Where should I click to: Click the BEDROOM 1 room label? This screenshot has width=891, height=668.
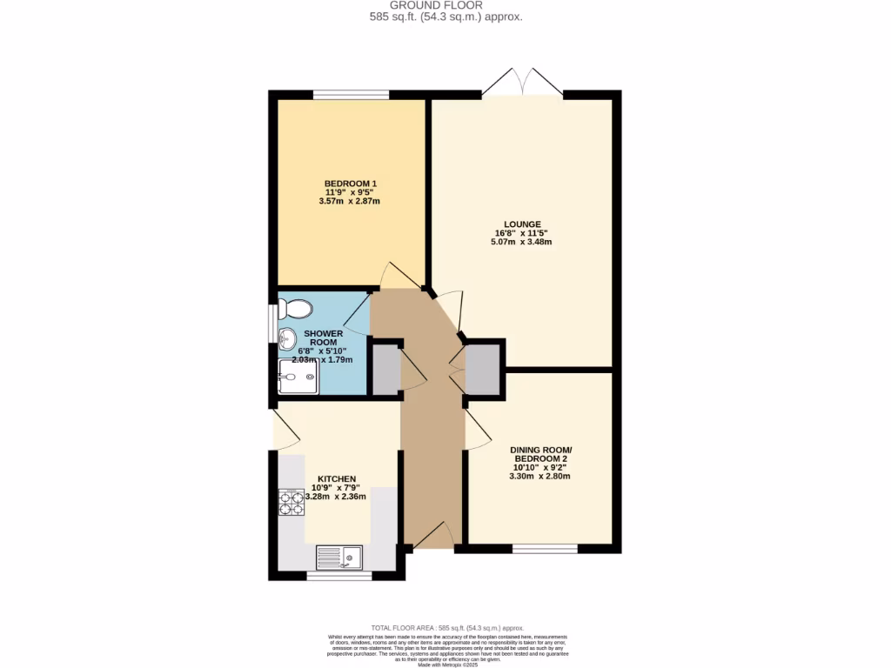350,183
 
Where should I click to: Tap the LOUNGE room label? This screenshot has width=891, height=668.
521,224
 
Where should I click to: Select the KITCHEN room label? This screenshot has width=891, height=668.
337,478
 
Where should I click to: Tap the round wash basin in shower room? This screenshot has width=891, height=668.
287,340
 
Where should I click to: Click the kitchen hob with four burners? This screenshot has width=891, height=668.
291,503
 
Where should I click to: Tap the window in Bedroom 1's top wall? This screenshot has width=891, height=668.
351,95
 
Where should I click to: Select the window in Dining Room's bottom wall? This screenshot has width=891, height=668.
545,549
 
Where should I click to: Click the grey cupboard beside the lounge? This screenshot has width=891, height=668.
484,369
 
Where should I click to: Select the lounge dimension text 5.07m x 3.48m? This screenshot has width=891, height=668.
521,242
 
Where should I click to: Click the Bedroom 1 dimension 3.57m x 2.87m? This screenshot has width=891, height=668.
350,201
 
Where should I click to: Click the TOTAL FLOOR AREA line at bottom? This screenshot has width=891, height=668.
446,627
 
